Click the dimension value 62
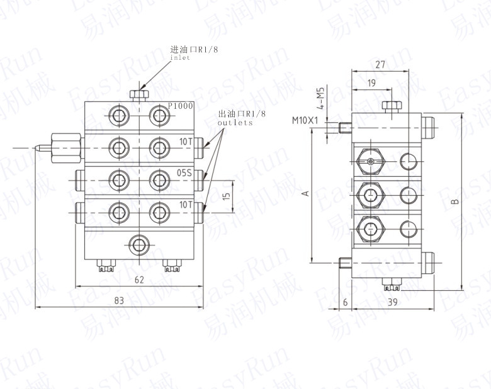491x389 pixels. (139, 279)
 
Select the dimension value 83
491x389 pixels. (119, 301)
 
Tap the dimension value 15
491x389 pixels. (227, 195)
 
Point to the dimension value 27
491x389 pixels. (380, 65)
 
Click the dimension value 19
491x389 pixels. (371, 83)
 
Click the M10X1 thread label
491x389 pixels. (305, 120)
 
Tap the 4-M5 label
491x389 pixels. (320, 98)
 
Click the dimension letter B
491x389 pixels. (456, 201)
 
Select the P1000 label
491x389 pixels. (181, 106)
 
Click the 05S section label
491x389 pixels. (184, 172)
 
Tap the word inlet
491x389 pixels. (180, 58)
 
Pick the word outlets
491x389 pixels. (235, 123)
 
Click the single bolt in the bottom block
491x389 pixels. (139, 245)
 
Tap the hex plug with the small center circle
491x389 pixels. (371, 162)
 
